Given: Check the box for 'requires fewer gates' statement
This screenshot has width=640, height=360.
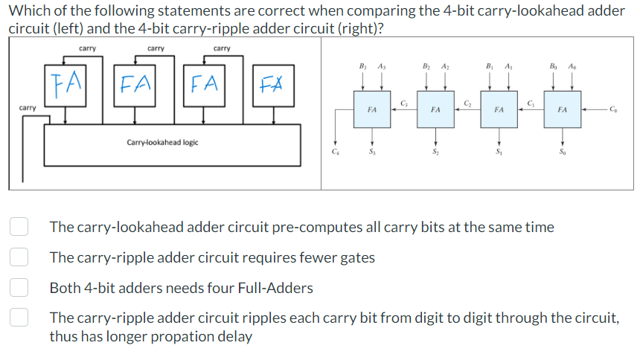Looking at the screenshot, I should click(x=19, y=257).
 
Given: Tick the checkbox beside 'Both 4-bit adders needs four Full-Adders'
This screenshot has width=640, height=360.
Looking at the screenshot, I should click(x=19, y=287).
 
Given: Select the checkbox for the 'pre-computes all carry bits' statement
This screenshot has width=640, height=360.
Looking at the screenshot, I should click(x=19, y=227).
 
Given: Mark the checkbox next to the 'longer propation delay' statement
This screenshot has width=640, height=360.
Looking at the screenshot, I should click(x=19, y=318).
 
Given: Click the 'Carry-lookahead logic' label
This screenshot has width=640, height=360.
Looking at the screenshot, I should click(x=162, y=142).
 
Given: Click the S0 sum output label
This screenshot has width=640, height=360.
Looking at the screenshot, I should click(x=563, y=154).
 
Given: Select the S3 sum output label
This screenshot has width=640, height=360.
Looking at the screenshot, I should click(x=372, y=154).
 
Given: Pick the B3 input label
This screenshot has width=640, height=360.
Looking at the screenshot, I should click(x=363, y=65).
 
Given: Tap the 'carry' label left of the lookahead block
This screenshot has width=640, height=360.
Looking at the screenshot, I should click(x=28, y=108).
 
